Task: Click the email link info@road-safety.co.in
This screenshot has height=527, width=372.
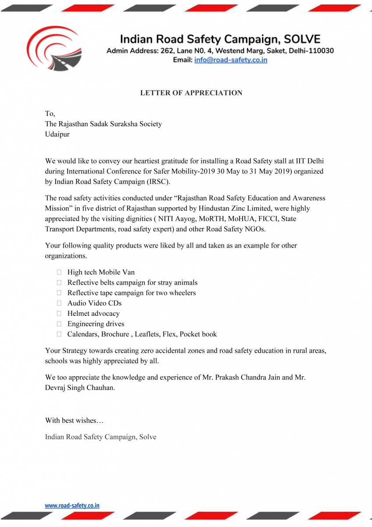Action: click(231, 60)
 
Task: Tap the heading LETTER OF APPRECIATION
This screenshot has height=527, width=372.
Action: click(191, 93)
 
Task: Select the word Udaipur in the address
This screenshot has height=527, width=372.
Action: click(57, 134)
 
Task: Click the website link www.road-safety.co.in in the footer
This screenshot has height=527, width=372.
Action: click(72, 505)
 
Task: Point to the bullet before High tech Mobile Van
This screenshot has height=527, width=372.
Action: click(58, 272)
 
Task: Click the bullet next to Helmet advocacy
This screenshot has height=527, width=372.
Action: click(58, 314)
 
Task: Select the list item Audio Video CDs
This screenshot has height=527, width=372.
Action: click(94, 303)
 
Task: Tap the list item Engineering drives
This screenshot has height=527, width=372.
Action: click(96, 324)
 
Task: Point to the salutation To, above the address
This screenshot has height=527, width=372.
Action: click(50, 114)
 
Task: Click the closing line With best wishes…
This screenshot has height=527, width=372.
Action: click(74, 420)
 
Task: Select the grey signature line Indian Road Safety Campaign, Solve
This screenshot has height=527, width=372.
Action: click(100, 437)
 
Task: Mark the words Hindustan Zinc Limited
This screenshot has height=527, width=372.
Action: click(243, 208)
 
